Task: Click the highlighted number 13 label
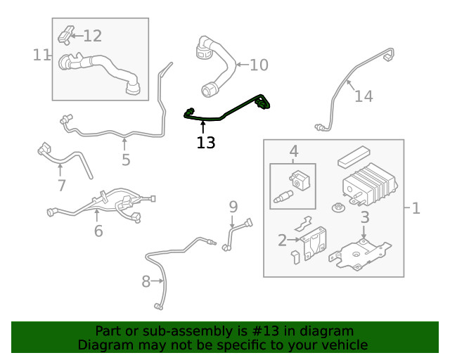(x=206, y=143)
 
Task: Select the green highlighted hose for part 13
(x=225, y=111)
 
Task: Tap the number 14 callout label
(x=364, y=96)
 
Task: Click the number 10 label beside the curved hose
(x=259, y=65)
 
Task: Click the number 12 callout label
(x=93, y=35)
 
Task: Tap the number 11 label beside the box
(x=41, y=54)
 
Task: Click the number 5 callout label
(x=125, y=160)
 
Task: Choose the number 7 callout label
(x=61, y=186)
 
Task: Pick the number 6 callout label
(x=98, y=230)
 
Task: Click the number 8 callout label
(x=146, y=282)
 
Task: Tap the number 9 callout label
(x=233, y=207)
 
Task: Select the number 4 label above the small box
(x=293, y=150)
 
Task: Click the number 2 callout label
(x=282, y=240)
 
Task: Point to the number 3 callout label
(x=364, y=218)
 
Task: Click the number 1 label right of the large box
(x=416, y=208)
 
